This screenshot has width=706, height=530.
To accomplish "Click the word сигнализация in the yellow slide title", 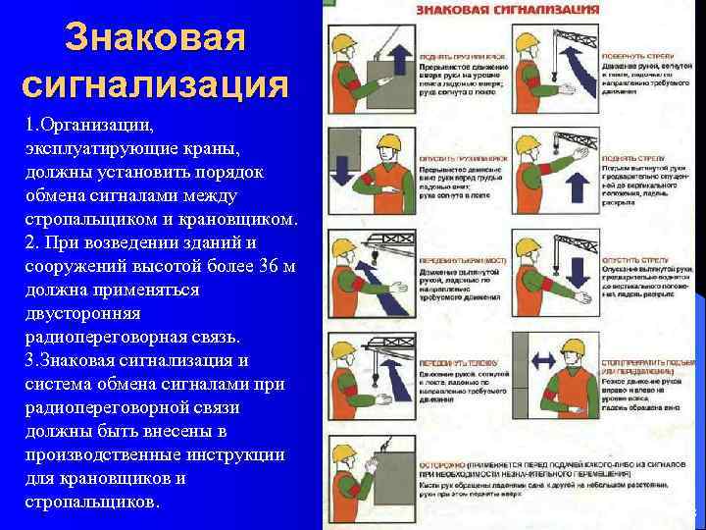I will [x=155, y=83].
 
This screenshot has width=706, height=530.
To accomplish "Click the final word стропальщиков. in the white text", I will [x=92, y=502].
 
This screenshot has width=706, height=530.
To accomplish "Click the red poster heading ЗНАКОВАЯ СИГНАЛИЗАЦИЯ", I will [x=508, y=9].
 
